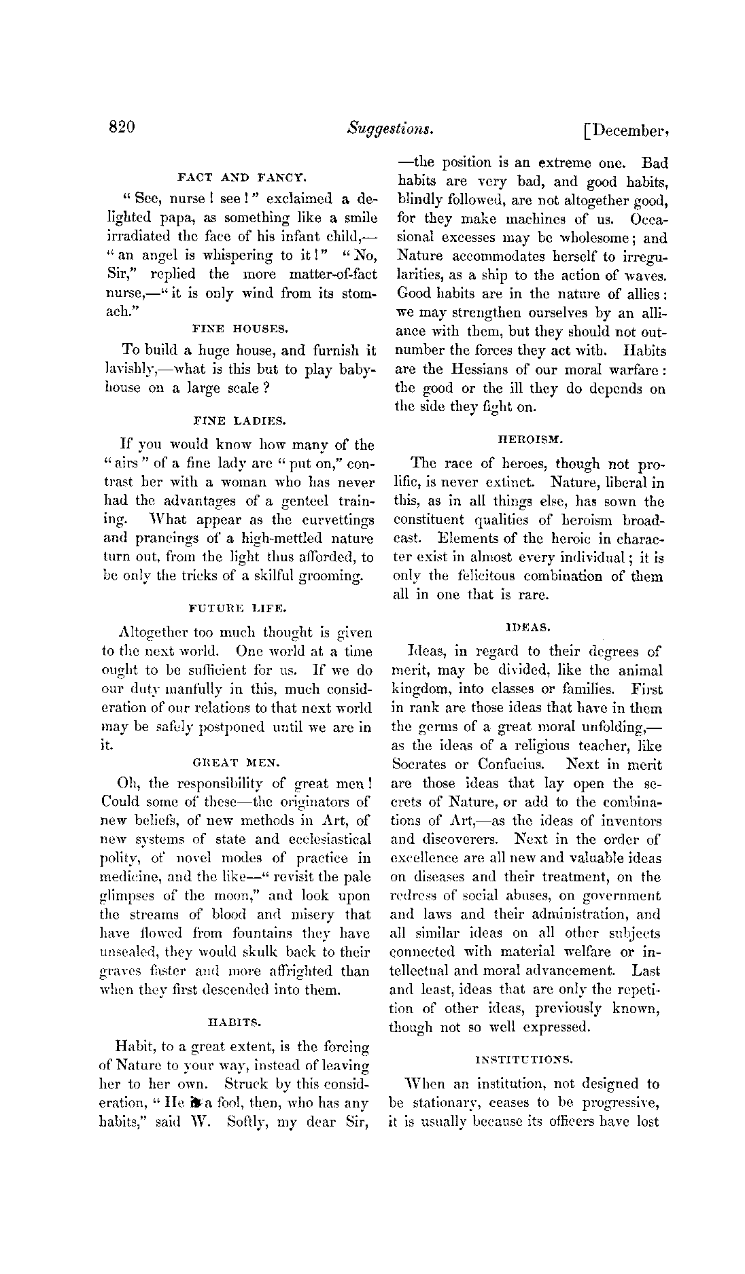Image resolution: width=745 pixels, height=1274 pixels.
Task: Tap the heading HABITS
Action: pyautogui.click(x=234, y=1021)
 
